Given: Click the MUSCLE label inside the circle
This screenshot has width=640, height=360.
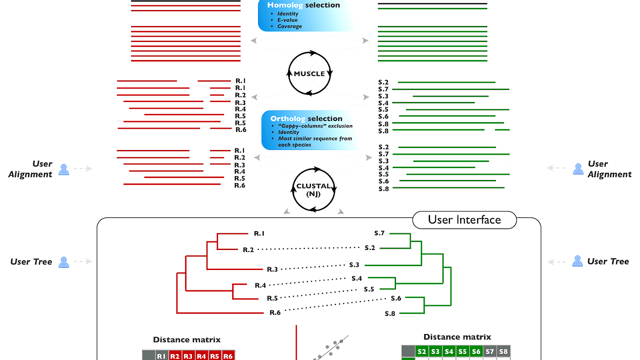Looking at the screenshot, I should pos(309,74).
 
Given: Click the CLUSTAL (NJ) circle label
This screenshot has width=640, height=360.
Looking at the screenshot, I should pos(313,190).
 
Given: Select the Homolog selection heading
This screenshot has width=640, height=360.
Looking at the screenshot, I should pos(303,5).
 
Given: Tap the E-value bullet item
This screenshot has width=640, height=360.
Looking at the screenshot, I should pos(287,20).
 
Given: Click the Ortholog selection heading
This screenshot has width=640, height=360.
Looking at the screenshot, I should pos(306,118).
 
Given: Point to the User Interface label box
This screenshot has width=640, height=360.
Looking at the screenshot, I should pos(464,220).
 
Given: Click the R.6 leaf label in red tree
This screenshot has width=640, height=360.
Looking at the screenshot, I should pos(275,312).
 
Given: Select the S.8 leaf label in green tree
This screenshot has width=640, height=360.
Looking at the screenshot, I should pos(390,314).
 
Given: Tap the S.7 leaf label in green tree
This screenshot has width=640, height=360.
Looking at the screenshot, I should pos(379,233).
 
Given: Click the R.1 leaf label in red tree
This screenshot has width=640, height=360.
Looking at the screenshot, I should pos(259,233).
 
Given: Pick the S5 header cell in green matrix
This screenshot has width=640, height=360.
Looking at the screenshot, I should pos(462,352).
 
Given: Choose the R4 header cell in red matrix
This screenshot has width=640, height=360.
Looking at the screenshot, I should pos(201,356).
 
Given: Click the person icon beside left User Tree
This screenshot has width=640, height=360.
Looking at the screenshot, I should pos(64,262).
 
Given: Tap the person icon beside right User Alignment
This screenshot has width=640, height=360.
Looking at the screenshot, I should pos(578,169).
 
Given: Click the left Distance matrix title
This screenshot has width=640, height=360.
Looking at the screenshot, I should pos(187,340).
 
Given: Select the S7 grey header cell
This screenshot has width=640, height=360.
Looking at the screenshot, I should pos(490,352).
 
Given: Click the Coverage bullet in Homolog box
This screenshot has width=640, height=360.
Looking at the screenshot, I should pos(289,26).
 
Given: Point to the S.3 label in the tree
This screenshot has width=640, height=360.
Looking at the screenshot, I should pos(354,265).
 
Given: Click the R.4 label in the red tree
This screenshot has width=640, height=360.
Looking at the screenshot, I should pos(260,285).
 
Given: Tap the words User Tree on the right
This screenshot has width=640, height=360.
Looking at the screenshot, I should pos(608,261).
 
